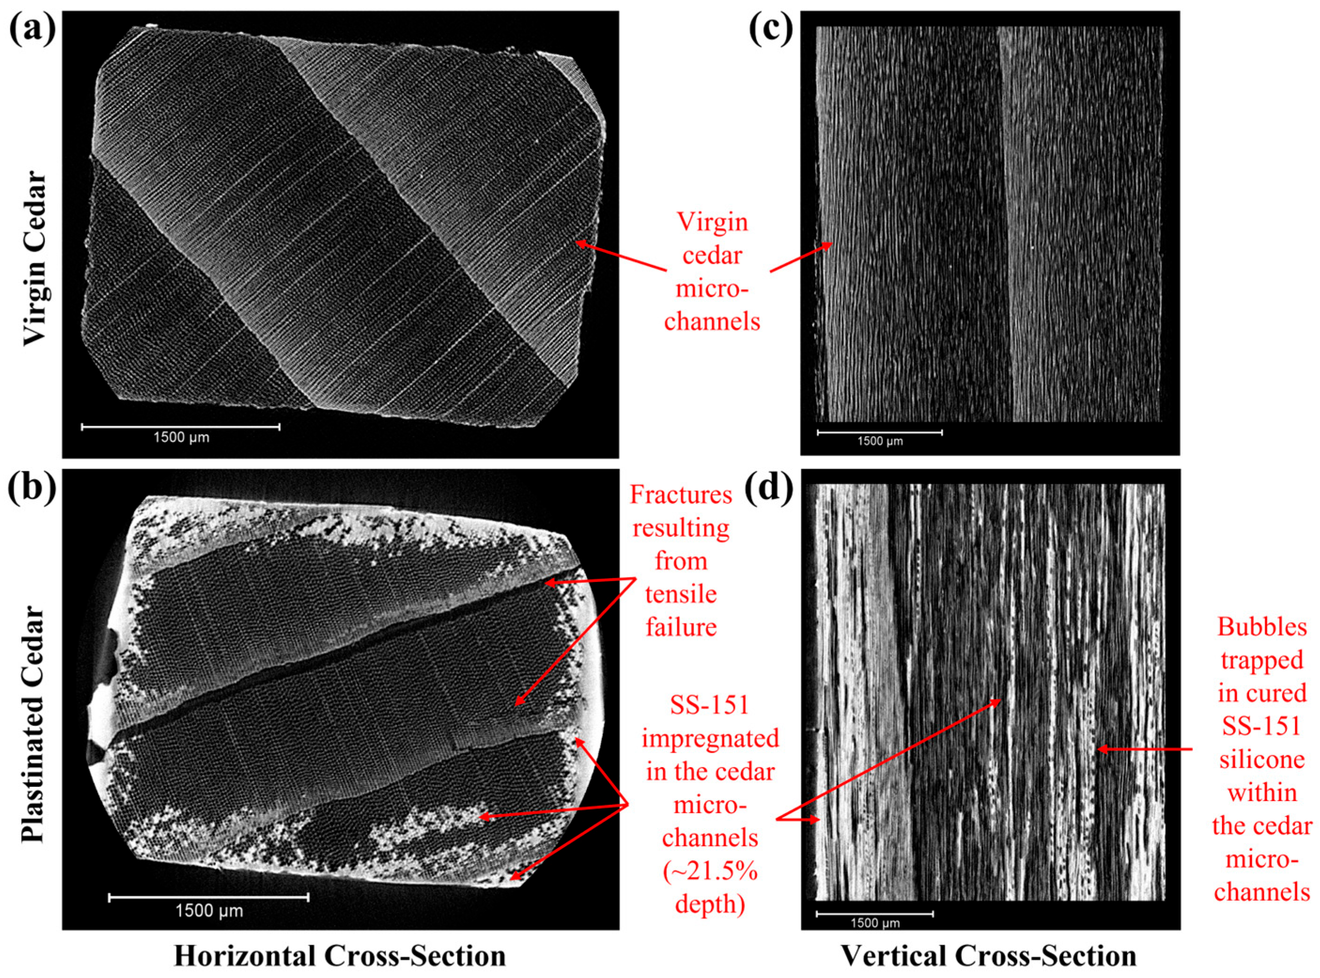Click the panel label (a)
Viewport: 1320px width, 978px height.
(x=32, y=30)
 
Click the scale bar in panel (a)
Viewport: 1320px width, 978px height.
(x=180, y=426)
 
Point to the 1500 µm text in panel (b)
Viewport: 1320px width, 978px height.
(x=209, y=910)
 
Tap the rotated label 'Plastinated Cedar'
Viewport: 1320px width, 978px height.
(x=33, y=724)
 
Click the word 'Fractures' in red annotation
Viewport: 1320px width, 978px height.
(x=681, y=494)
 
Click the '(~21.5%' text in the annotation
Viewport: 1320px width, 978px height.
(x=710, y=871)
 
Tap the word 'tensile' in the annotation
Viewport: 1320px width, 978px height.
(x=681, y=594)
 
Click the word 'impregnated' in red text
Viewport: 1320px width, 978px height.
(x=710, y=739)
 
